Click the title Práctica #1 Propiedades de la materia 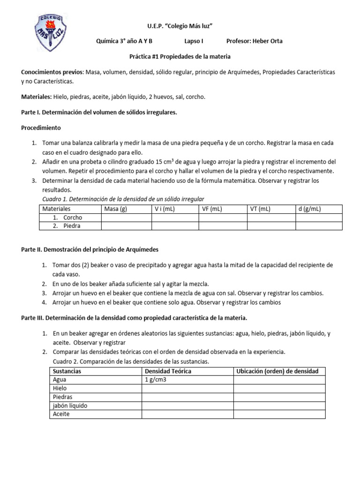pyautogui.click(x=180, y=56)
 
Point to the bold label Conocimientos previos pyautogui.click(x=52, y=72)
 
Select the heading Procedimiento pyautogui.click(x=41, y=127)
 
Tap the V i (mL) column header pyautogui.click(x=165, y=209)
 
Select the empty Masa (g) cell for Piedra pyautogui.click(x=126, y=225)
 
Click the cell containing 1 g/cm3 pyautogui.click(x=156, y=380)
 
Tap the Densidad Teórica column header pyautogui.click(x=168, y=371)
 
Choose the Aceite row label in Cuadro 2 pyautogui.click(x=61, y=414)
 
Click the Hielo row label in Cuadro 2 pyautogui.click(x=60, y=388)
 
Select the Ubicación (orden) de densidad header pyautogui.click(x=277, y=371)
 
